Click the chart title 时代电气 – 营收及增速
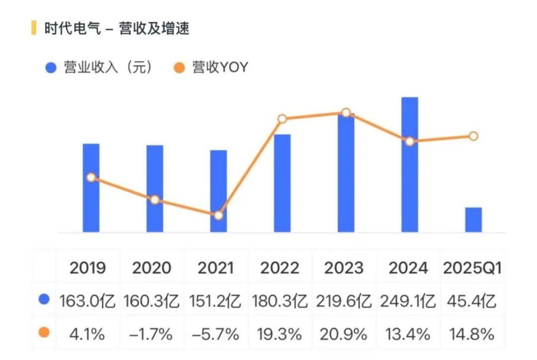coord(116,28)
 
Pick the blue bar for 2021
coord(218,191)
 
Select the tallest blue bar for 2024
coord(410,165)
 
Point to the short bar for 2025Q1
coord(473,220)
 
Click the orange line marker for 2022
coord(282,119)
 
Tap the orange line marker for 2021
coord(218,215)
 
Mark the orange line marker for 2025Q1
coord(473,136)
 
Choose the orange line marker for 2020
coord(155,200)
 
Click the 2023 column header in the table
coord(344,268)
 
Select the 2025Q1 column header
coord(472,268)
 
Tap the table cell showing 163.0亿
coord(88,300)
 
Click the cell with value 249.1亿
coord(408,300)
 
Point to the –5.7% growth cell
coord(215,334)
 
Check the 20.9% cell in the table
coord(344,334)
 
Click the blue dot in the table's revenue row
coord(44,300)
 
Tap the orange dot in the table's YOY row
coord(44,333)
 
